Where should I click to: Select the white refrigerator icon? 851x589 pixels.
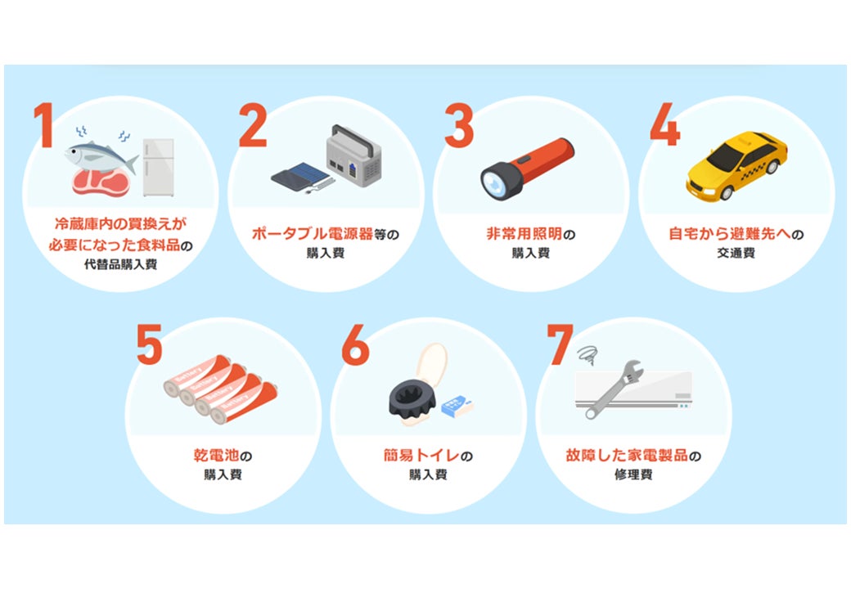pos(159,167)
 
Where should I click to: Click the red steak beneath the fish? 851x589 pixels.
pos(101,182)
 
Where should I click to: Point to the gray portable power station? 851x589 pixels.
pos(353,155)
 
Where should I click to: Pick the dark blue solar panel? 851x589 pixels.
pos(300,176)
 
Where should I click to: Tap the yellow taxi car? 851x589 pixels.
pos(736,165)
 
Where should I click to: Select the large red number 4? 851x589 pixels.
pos(664,124)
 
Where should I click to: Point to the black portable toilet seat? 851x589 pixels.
pos(412,400)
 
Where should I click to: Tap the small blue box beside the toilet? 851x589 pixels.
pos(457,407)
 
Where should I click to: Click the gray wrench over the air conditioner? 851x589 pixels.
pos(615,389)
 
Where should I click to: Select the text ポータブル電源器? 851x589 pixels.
pos(313,234)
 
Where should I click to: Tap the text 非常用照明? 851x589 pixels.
pos(524,234)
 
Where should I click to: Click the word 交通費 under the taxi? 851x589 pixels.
pos(736,253)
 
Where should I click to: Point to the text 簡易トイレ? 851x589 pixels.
pos(421,455)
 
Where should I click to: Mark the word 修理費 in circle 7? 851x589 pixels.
pos(633,474)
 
